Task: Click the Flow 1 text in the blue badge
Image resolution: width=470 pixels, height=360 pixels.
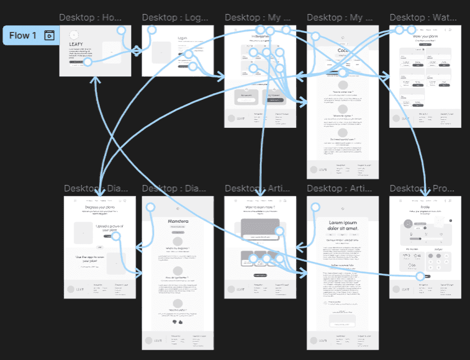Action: pos(22,36)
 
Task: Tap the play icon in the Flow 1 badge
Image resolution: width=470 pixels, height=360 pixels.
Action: pos(49,36)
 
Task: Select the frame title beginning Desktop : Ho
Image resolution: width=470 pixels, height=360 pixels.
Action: pos(91,18)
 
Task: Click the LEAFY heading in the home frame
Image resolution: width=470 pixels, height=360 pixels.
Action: pos(76,44)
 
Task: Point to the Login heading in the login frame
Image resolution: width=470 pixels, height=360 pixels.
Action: pos(183,38)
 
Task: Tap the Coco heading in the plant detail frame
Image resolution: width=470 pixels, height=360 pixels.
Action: pos(343,50)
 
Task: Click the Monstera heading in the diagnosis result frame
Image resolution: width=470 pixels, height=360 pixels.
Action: pos(178,221)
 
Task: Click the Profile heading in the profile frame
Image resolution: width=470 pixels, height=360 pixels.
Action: pos(422,207)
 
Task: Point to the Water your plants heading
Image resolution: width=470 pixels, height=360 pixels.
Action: pos(422,36)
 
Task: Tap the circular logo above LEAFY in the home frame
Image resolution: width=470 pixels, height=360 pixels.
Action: pos(73,35)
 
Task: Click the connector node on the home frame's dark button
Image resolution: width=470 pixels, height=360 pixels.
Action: pos(87,62)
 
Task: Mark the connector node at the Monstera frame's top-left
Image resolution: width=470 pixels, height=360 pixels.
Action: pos(150,207)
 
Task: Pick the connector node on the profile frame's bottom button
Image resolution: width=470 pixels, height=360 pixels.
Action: pos(420,276)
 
